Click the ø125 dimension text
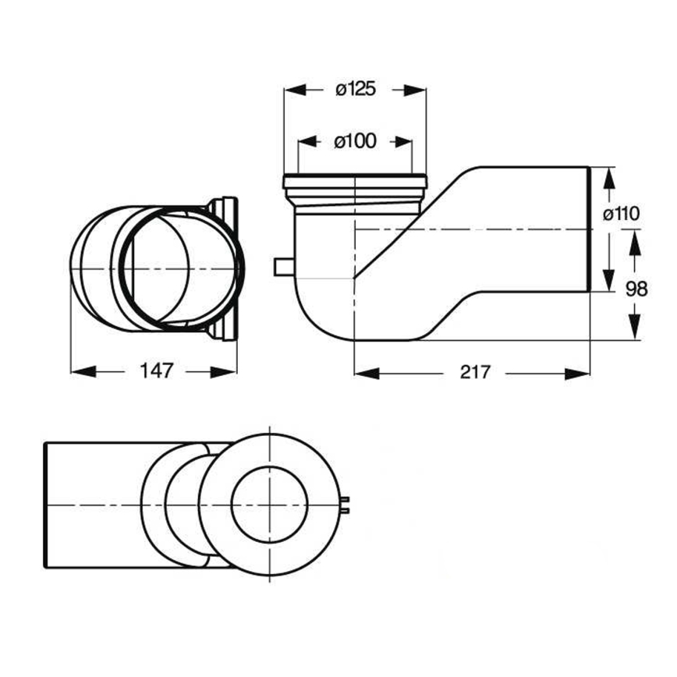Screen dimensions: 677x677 (x=355, y=89)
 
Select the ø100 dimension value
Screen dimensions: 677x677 (x=355, y=141)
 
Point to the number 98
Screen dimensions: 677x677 (x=636, y=289)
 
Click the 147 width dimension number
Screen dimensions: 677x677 (x=155, y=372)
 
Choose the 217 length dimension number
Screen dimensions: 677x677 (x=474, y=372)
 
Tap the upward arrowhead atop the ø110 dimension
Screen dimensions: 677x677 (x=609, y=176)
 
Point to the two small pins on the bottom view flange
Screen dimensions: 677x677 (x=346, y=505)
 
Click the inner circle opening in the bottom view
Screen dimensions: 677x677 (x=270, y=505)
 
